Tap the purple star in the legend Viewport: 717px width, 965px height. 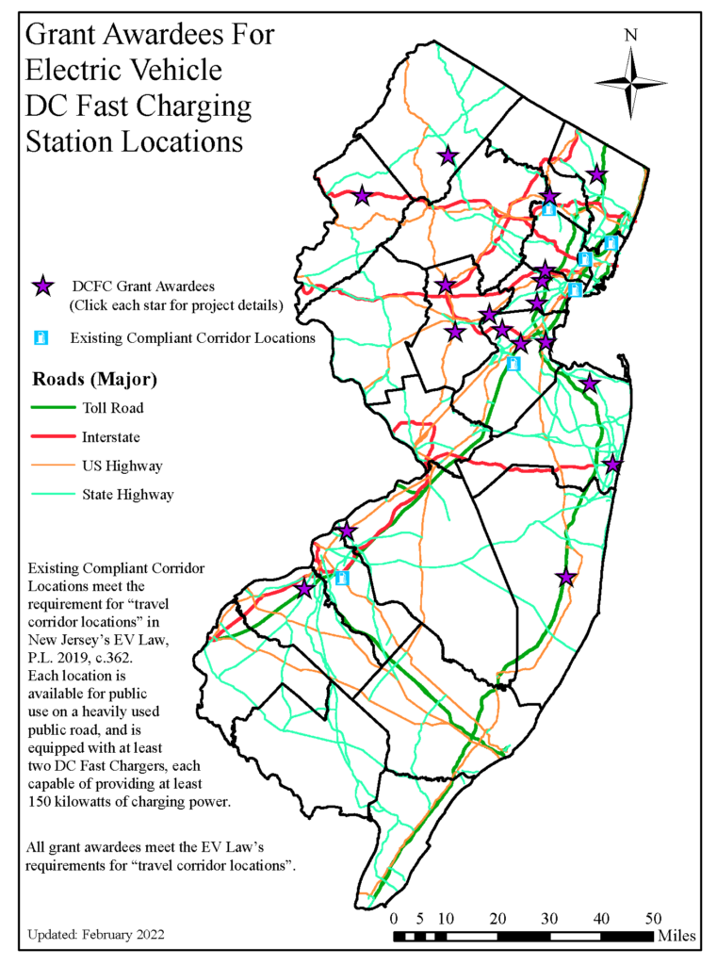coord(42,286)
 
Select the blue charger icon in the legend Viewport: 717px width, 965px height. coord(41,337)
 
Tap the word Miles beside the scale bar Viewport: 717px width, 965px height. coord(677,936)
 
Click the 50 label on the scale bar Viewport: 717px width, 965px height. coord(653,918)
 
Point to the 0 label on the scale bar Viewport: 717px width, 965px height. coord(394,918)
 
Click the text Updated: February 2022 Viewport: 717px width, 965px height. coord(96,935)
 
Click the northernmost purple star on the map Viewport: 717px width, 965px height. coord(448,155)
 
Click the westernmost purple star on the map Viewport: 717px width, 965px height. coord(304,589)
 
